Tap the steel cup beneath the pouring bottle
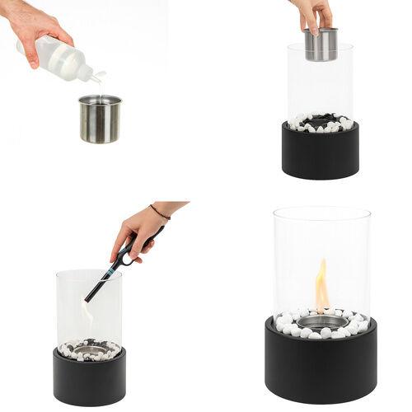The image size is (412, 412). click(100, 119)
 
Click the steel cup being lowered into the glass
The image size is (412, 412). click(321, 45)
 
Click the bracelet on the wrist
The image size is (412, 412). click(160, 213)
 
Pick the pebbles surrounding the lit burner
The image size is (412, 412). click(288, 326)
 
